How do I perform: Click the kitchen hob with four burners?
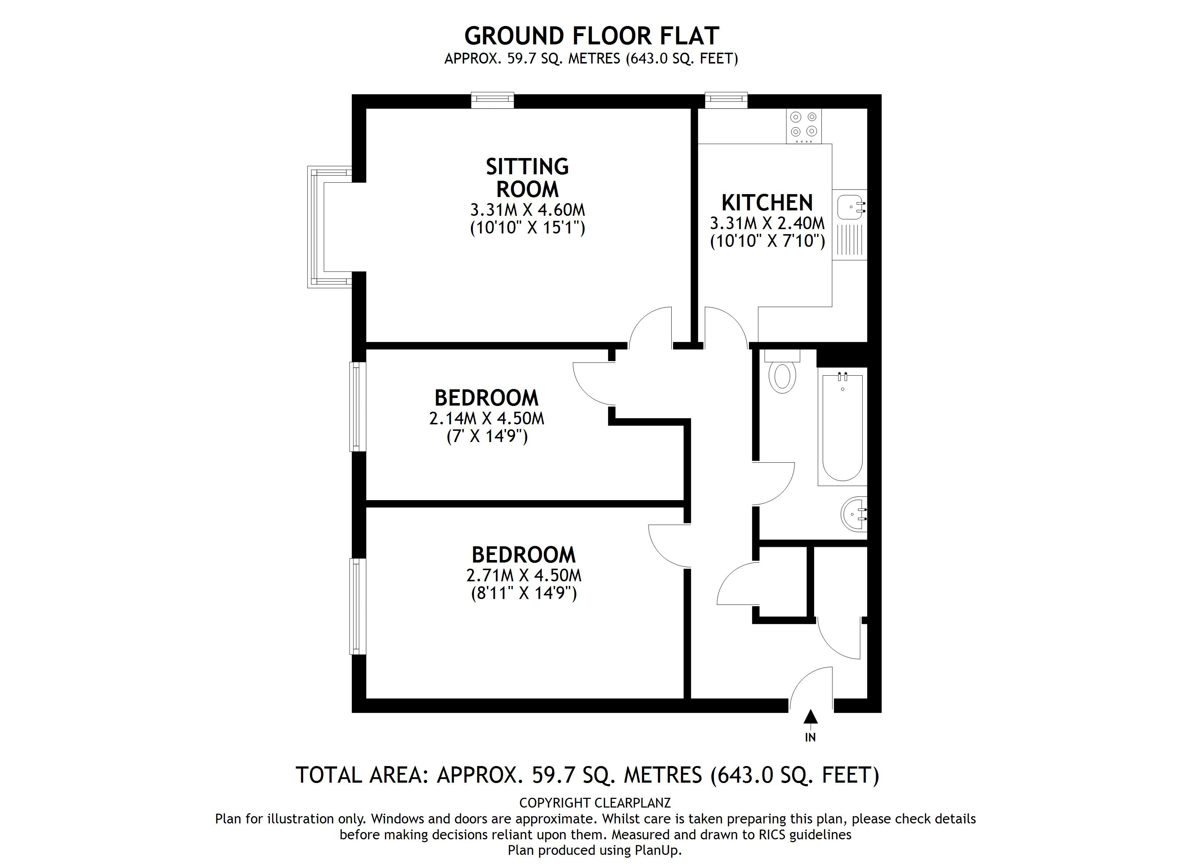(x=803, y=126)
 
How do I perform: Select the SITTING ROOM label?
(x=527, y=178)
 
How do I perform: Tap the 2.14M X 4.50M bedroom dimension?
(x=486, y=419)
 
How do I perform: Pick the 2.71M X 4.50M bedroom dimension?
(x=524, y=576)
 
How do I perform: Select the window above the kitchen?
(x=726, y=100)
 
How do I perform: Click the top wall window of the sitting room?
(x=492, y=100)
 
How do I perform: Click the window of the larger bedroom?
(x=358, y=607)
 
